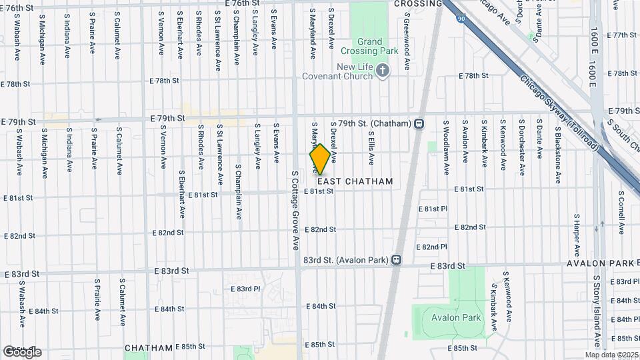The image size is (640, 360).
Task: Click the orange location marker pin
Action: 320,159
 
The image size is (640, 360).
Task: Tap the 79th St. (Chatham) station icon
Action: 419,123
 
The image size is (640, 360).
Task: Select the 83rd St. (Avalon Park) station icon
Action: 396,259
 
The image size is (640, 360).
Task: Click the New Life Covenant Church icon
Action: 382,70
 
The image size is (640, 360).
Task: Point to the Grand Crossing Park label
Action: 369,45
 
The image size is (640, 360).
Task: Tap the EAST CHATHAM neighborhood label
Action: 355,181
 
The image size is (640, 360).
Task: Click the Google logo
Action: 21,352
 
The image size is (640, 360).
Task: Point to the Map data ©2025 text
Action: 611,355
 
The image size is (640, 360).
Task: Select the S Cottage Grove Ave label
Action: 295,219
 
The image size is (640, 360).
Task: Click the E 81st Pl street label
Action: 433,209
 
